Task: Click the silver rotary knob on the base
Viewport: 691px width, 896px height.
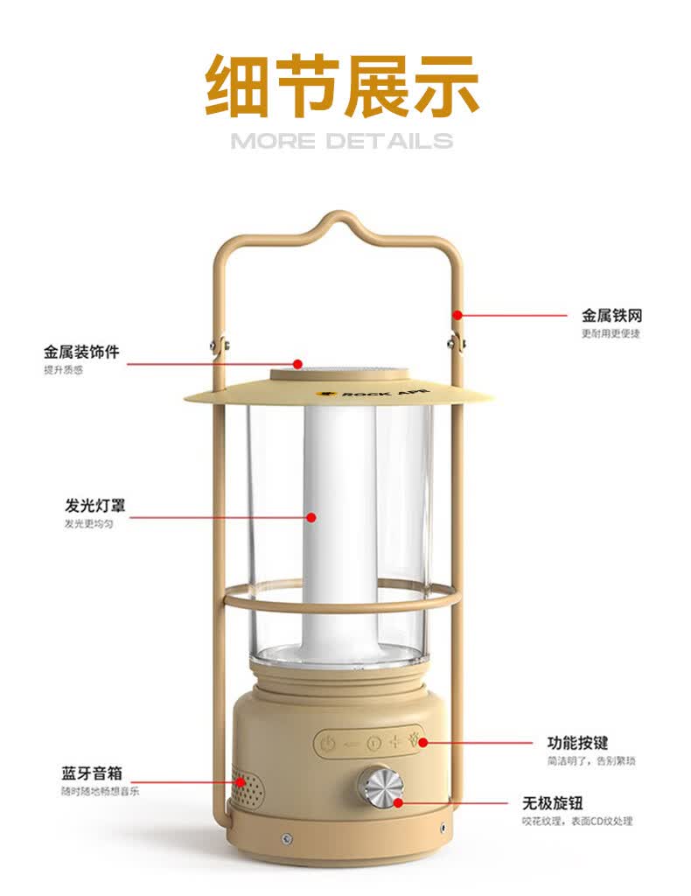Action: [x=380, y=787]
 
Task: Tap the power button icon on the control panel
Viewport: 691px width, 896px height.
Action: [x=326, y=744]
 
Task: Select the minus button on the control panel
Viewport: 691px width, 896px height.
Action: [x=351, y=744]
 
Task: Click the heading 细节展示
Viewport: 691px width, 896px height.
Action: [x=342, y=86]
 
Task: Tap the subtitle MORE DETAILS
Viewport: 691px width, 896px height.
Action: [x=342, y=141]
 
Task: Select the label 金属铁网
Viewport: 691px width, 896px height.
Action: [x=611, y=315]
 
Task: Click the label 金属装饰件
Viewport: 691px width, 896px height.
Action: [x=81, y=352]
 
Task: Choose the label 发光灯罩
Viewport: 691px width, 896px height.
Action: [x=94, y=505]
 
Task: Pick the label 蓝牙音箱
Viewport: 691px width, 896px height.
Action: [x=92, y=773]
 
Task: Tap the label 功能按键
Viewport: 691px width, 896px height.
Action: [x=577, y=743]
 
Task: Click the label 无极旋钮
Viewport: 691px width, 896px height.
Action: [x=553, y=803]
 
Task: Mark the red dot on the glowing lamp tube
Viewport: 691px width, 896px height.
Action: [x=311, y=517]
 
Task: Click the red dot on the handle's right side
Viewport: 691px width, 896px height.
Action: [x=457, y=314]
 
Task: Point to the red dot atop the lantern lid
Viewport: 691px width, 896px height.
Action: [x=297, y=363]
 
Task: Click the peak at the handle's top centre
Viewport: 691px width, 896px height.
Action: [x=339, y=214]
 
